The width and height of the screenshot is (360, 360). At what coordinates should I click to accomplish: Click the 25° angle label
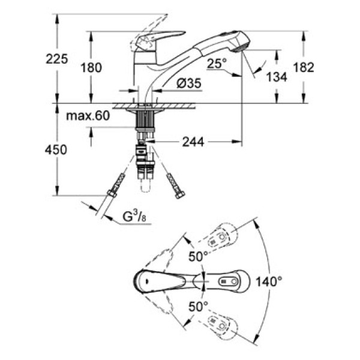217,62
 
